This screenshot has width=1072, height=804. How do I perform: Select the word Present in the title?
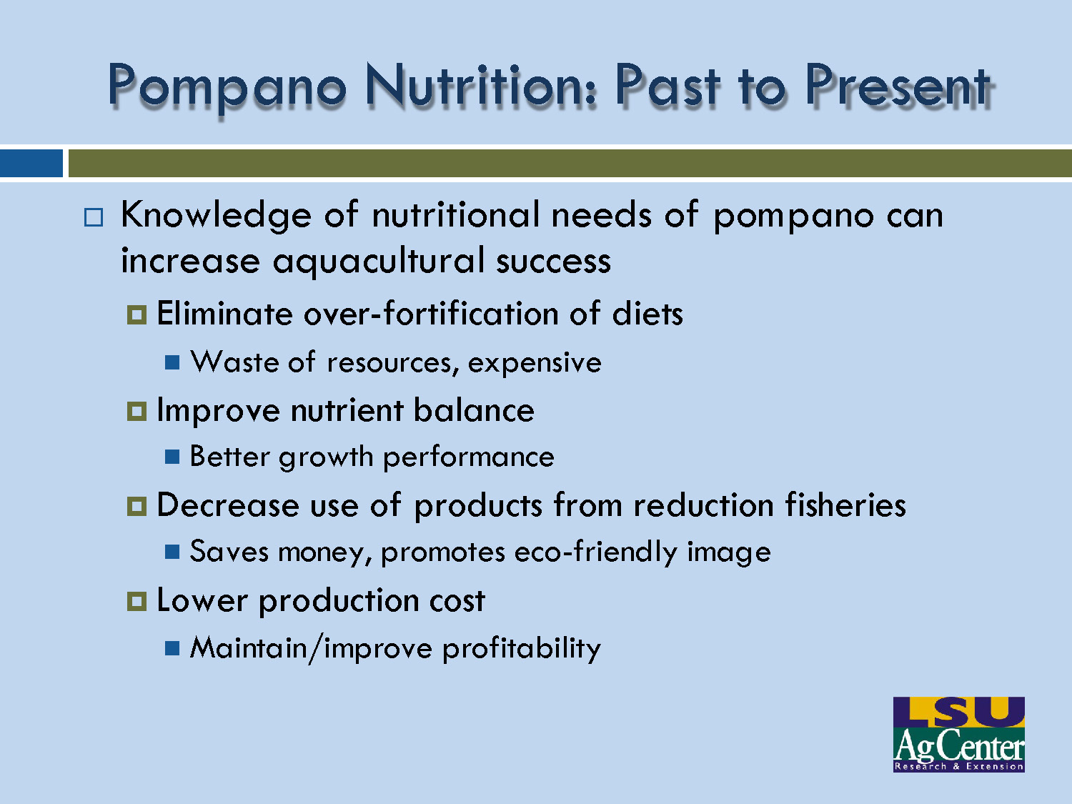[898, 86]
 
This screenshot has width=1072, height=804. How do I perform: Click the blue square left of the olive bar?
[31, 163]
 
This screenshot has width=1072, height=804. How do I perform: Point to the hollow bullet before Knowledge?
[93, 217]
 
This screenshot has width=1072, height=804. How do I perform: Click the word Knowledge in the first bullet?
[216, 216]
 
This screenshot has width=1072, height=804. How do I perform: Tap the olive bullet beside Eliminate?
[137, 314]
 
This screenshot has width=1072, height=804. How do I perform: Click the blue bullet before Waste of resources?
[172, 362]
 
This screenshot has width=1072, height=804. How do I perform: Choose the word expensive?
[534, 363]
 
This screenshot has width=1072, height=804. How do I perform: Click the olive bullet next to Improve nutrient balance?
[137, 412]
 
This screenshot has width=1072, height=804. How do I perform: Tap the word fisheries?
[845, 505]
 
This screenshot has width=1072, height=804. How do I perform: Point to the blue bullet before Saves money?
[172, 552]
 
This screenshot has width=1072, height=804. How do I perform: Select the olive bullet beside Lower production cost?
[137, 601]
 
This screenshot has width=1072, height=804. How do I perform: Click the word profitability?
[521, 649]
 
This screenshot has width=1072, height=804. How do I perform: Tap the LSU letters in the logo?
[958, 712]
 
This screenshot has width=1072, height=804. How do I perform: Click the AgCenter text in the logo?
[958, 747]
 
